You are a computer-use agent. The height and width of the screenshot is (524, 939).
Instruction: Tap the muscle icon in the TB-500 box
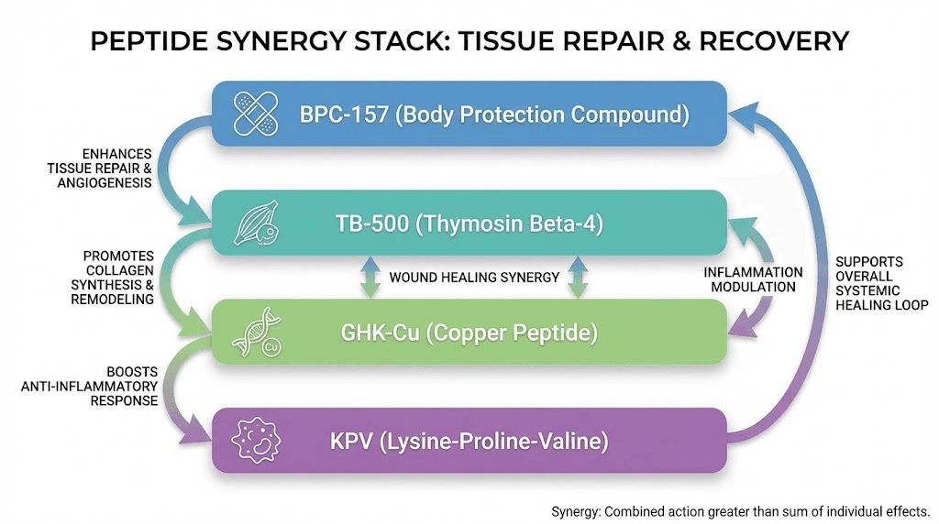click(x=255, y=223)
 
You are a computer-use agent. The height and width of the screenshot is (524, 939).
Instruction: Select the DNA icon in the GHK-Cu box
click(x=255, y=332)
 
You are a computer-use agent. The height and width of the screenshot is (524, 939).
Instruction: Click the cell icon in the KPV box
click(x=257, y=441)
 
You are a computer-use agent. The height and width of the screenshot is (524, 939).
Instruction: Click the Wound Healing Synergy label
click(x=474, y=277)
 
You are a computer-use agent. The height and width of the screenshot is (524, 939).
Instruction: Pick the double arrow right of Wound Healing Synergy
click(x=578, y=277)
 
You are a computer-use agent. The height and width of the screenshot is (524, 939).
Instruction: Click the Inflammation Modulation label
click(x=753, y=279)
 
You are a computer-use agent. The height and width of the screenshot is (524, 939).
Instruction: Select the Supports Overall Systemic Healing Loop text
click(x=881, y=283)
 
